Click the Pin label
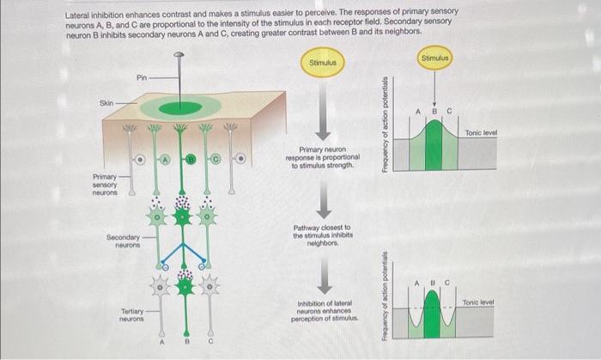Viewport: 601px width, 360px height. (x=143, y=77)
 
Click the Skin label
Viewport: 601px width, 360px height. (x=106, y=102)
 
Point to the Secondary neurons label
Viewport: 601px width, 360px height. (x=124, y=240)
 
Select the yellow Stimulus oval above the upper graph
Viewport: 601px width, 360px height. (x=436, y=58)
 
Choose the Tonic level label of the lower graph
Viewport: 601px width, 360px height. (x=477, y=302)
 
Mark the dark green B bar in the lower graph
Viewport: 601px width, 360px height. (x=435, y=310)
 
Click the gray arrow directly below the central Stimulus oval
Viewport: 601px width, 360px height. (x=322, y=109)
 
